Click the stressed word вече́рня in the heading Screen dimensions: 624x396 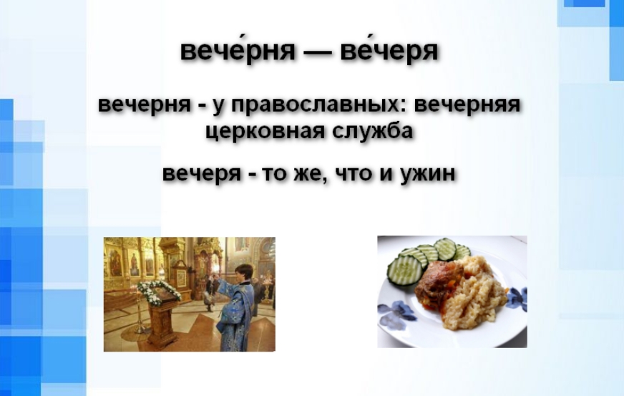(x=238, y=51)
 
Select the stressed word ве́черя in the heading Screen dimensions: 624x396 (x=389, y=51)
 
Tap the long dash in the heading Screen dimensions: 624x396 (x=318, y=52)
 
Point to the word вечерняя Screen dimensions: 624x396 (x=467, y=105)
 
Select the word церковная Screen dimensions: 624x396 (x=265, y=131)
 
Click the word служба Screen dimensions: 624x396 (x=372, y=130)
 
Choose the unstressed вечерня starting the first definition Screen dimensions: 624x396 (x=145, y=105)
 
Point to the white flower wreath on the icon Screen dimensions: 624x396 (x=159, y=292)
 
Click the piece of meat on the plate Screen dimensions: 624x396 (x=439, y=282)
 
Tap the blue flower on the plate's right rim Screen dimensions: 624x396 (x=517, y=299)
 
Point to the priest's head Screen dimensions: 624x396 (x=243, y=273)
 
